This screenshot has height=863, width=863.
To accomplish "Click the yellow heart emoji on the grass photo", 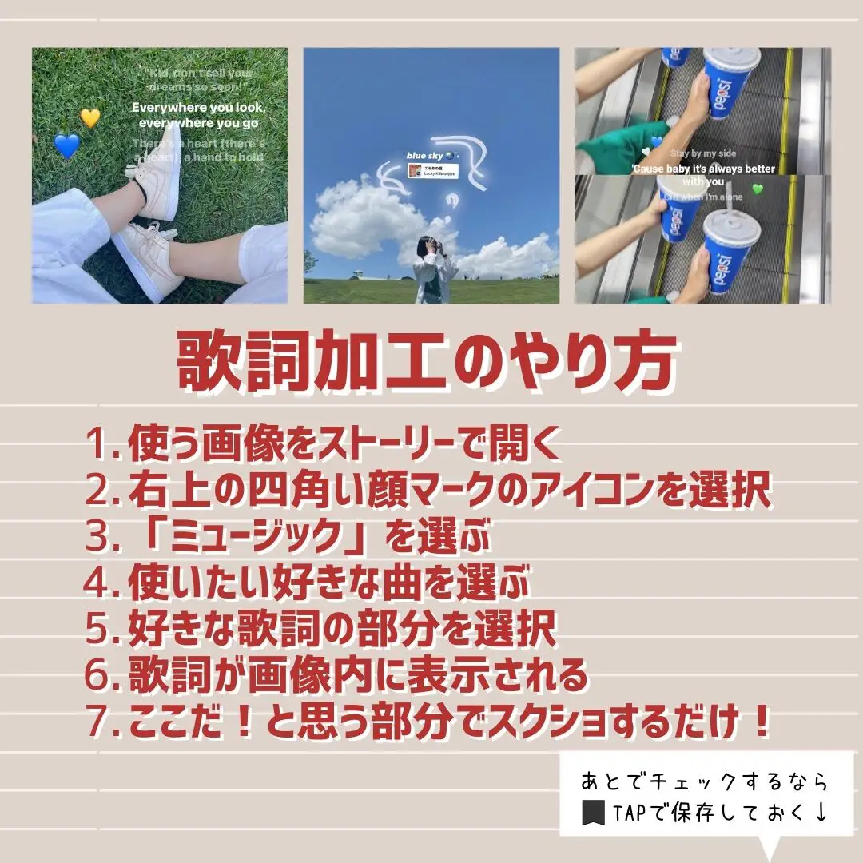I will [90, 118].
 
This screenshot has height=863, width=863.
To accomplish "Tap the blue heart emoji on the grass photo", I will [67, 145].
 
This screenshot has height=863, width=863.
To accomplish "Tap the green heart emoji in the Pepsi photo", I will [758, 189].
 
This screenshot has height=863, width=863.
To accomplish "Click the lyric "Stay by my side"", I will [703, 153].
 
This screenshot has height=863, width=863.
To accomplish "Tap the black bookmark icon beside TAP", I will [593, 813].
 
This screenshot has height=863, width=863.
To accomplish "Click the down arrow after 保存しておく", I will [820, 813].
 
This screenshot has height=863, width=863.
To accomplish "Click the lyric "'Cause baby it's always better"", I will [702, 169].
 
